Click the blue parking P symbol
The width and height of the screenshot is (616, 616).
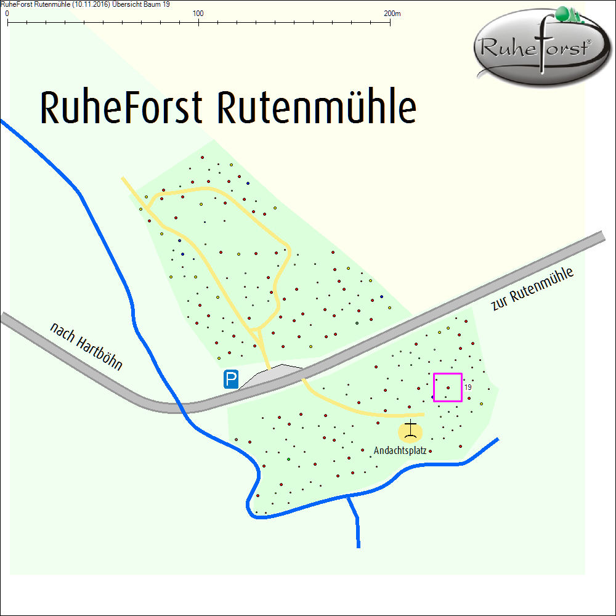coord(232,379)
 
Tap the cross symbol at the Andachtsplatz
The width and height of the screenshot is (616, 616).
coord(411,429)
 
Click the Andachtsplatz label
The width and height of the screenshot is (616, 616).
coord(400,451)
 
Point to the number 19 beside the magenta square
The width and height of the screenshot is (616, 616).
coord(468,387)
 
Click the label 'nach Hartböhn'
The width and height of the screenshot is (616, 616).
coord(86,347)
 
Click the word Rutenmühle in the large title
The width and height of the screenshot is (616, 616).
coord(317,108)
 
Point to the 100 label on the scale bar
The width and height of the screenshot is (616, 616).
coord(198,13)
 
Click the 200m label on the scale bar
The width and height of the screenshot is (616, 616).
coord(392,13)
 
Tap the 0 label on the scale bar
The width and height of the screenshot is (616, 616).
coord(7,13)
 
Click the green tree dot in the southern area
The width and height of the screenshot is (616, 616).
coord(288,460)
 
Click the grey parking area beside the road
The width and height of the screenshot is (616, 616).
coord(271,376)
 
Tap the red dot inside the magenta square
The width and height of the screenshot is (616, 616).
coord(448,387)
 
